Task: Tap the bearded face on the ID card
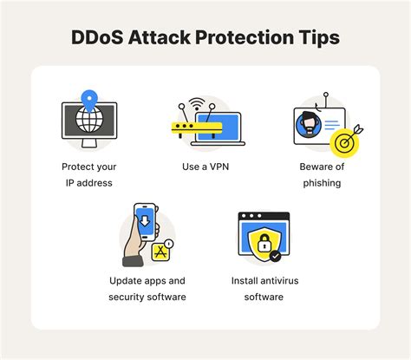point(310,123)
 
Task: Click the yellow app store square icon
point(160,252)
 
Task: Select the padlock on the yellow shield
point(261,244)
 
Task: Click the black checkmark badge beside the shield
point(275,257)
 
